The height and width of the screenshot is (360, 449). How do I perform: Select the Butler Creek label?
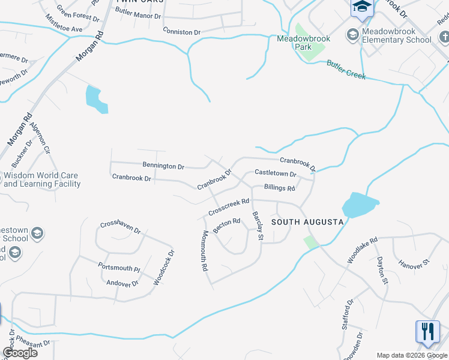[x=346, y=70]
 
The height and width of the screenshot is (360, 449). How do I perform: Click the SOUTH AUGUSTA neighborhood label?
[x=307, y=222]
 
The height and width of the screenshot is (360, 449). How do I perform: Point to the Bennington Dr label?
[x=163, y=166]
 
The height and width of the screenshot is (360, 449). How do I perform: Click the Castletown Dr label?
[x=276, y=173]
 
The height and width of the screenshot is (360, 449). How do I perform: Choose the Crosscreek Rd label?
[x=229, y=208]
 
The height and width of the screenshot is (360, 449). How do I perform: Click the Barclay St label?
[x=258, y=226]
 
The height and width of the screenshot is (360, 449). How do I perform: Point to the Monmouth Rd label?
[x=204, y=251]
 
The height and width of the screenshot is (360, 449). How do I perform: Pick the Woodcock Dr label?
[x=163, y=267]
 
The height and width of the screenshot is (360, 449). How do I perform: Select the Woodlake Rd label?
[x=361, y=250]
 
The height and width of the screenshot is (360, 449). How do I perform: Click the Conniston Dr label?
[x=181, y=31]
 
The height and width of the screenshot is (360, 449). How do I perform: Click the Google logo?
[x=20, y=353]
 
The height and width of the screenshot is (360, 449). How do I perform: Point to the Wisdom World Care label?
[x=41, y=180]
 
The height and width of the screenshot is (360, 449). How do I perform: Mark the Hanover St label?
[x=414, y=263]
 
